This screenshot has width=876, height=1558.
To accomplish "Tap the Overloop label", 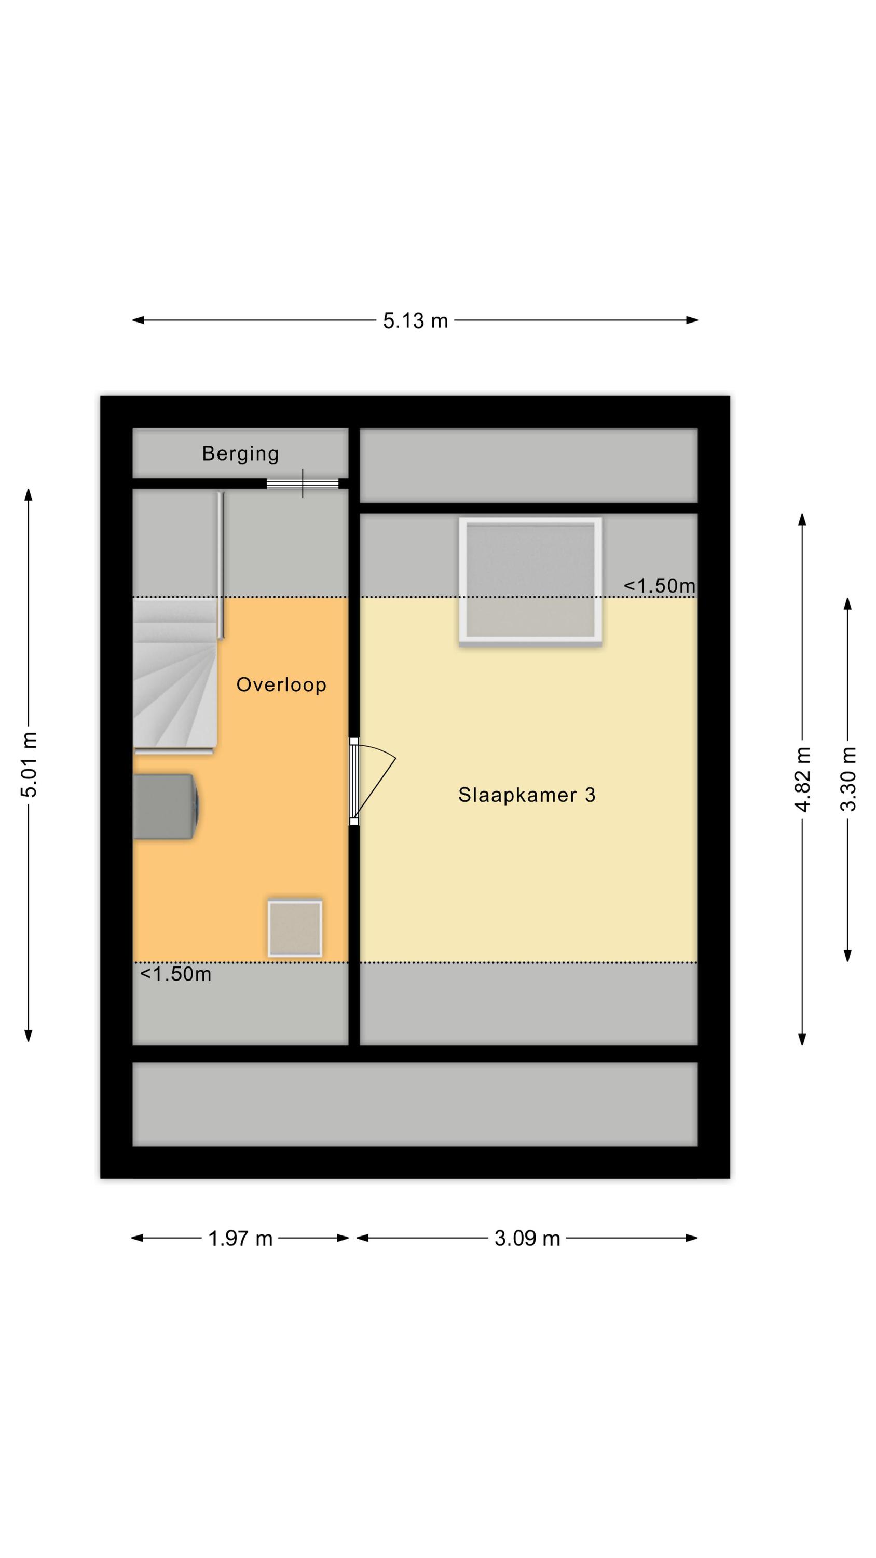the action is pyautogui.click(x=281, y=684).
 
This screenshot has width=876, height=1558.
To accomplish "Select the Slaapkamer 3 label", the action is pyautogui.click(x=527, y=795).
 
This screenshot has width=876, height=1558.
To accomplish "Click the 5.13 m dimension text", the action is pyautogui.click(x=415, y=320).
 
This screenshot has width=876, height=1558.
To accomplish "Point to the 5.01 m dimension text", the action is pyautogui.click(x=29, y=764).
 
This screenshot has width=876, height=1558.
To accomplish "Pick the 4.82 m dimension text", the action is pyautogui.click(x=802, y=779).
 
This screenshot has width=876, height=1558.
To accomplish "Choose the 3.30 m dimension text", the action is pyautogui.click(x=847, y=779).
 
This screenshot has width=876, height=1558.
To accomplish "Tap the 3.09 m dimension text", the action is pyautogui.click(x=527, y=1239).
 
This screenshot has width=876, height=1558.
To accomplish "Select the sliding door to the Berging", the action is pyautogui.click(x=302, y=483).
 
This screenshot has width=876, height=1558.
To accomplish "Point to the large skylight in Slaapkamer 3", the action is pyautogui.click(x=530, y=582).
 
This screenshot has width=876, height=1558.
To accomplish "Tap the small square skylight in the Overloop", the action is pyautogui.click(x=295, y=929).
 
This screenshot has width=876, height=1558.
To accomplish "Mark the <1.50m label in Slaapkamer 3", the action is pyautogui.click(x=660, y=585).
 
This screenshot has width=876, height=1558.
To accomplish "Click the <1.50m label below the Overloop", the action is pyautogui.click(x=176, y=974).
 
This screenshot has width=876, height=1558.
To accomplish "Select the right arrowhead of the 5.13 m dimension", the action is pyautogui.click(x=692, y=320).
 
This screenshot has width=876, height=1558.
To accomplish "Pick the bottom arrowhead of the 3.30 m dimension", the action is pyautogui.click(x=847, y=955).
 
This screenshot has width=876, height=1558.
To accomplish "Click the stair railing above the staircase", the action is pyautogui.click(x=221, y=565).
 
